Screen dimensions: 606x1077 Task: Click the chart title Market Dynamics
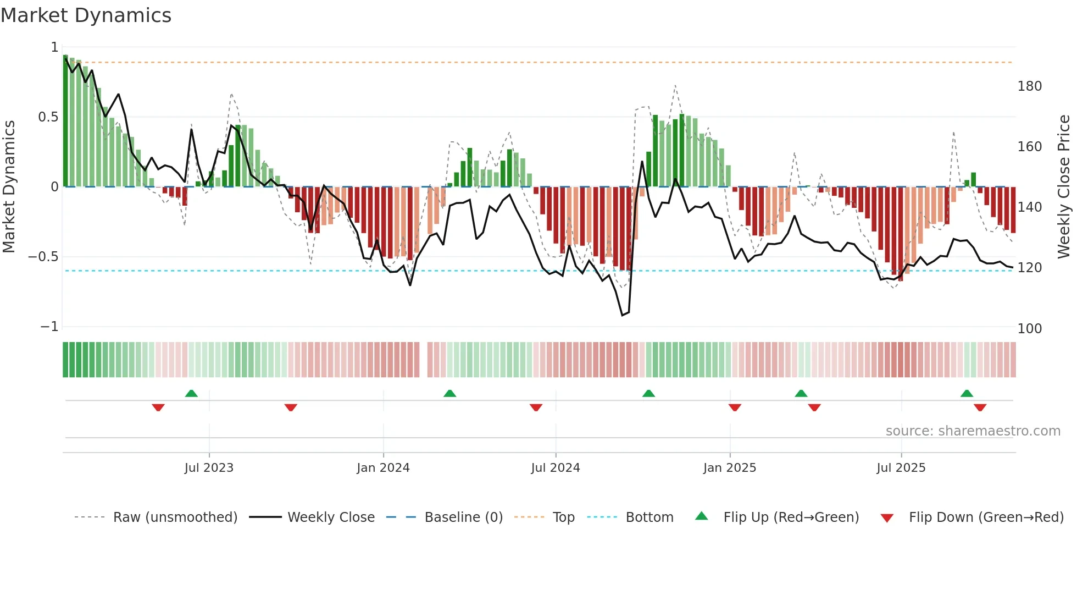pyautogui.click(x=86, y=15)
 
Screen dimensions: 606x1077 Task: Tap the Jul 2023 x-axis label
pyautogui.click(x=209, y=468)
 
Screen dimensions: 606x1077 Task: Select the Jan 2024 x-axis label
pyautogui.click(x=383, y=468)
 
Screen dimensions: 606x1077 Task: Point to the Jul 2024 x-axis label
pyautogui.click(x=555, y=468)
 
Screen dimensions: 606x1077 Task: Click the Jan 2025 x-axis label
pyautogui.click(x=729, y=468)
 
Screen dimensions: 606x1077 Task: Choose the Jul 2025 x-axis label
pyautogui.click(x=901, y=468)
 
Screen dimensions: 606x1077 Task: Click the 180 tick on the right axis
pyautogui.click(x=1029, y=86)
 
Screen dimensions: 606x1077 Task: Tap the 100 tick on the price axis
pyautogui.click(x=1029, y=329)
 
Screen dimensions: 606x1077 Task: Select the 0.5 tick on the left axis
pyautogui.click(x=48, y=117)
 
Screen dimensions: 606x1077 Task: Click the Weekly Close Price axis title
pyautogui.click(x=1064, y=186)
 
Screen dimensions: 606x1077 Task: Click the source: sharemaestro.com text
pyautogui.click(x=973, y=431)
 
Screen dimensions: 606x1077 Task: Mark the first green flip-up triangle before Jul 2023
pyautogui.click(x=191, y=394)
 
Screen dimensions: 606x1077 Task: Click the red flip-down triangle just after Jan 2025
pyautogui.click(x=735, y=407)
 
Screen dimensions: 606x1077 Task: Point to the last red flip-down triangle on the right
pyautogui.click(x=980, y=407)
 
